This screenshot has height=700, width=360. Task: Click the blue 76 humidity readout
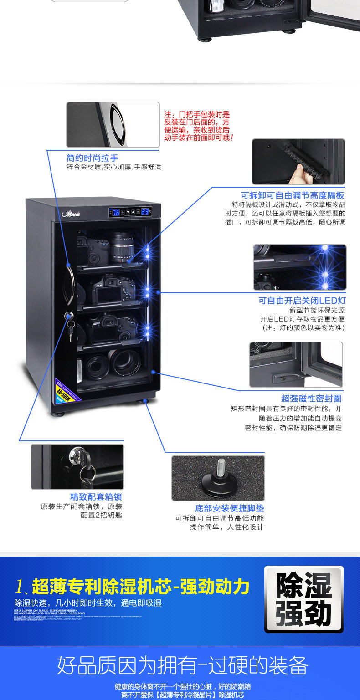coord(116,212)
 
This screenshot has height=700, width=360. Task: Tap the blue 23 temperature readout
coord(145,211)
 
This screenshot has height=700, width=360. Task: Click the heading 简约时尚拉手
coord(93,158)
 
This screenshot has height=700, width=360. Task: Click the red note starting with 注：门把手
coord(198,126)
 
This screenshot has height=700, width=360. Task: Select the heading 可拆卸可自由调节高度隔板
coord(293,195)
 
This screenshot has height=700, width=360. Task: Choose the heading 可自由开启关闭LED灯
coord(302,301)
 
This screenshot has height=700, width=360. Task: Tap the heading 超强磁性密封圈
coord(311,399)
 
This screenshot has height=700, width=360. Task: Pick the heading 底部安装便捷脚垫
coord(230,508)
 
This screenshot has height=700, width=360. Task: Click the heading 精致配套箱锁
coord(96,497)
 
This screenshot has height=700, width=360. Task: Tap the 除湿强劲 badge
coord(304,599)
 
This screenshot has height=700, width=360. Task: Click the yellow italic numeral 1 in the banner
coord(19,587)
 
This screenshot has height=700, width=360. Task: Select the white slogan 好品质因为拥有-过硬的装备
coord(183,665)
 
